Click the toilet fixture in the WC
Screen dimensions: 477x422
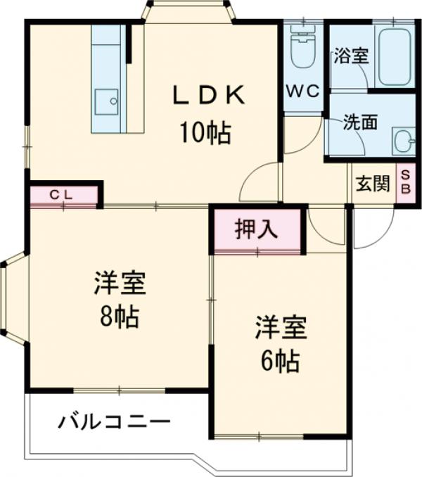pyautogui.click(x=303, y=49)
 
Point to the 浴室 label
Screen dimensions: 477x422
pyautogui.click(x=350, y=56)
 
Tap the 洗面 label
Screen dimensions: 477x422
pyautogui.click(x=359, y=122)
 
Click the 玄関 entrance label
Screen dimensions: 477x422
pyautogui.click(x=372, y=184)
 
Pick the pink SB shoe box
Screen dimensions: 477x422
pyautogui.click(x=406, y=184)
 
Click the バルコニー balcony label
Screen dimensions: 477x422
pyautogui.click(x=114, y=423)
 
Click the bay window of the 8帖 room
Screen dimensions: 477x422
pyautogui.click(x=13, y=300)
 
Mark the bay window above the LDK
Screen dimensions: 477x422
pyautogui.click(x=188, y=12)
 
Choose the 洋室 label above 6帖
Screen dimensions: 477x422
pyautogui.click(x=279, y=327)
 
